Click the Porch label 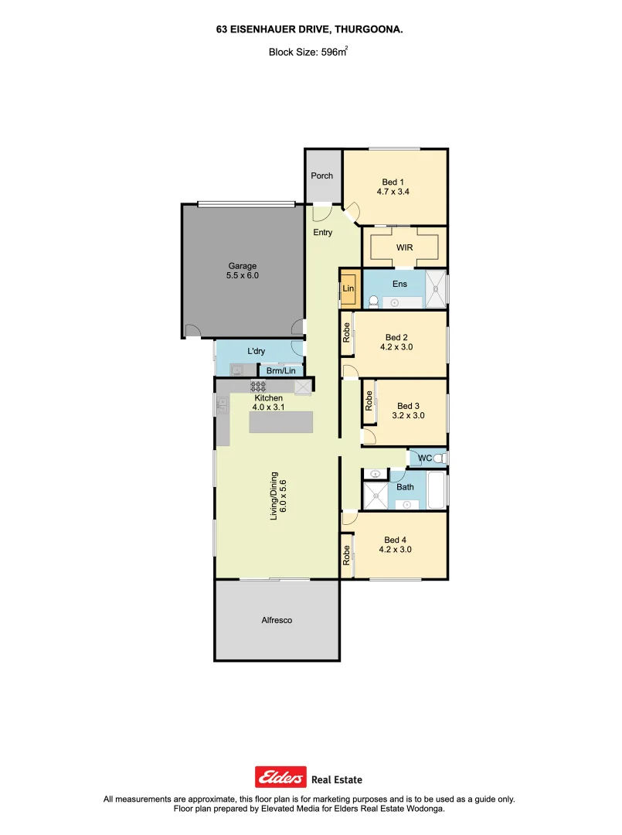pyautogui.click(x=321, y=176)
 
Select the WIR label pyautogui.click(x=404, y=247)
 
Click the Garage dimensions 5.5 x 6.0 pyautogui.click(x=242, y=275)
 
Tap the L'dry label pyautogui.click(x=256, y=351)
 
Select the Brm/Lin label pyautogui.click(x=280, y=371)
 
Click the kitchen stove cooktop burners pyautogui.click(x=258, y=387)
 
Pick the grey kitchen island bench pyautogui.click(x=281, y=422)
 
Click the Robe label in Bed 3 pyautogui.click(x=369, y=400)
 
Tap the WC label pyautogui.click(x=424, y=458)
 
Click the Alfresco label pyautogui.click(x=276, y=620)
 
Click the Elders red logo pyautogui.click(x=280, y=776)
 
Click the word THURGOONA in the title pyautogui.click(x=369, y=28)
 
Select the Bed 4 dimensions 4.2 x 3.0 pyautogui.click(x=396, y=550)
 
